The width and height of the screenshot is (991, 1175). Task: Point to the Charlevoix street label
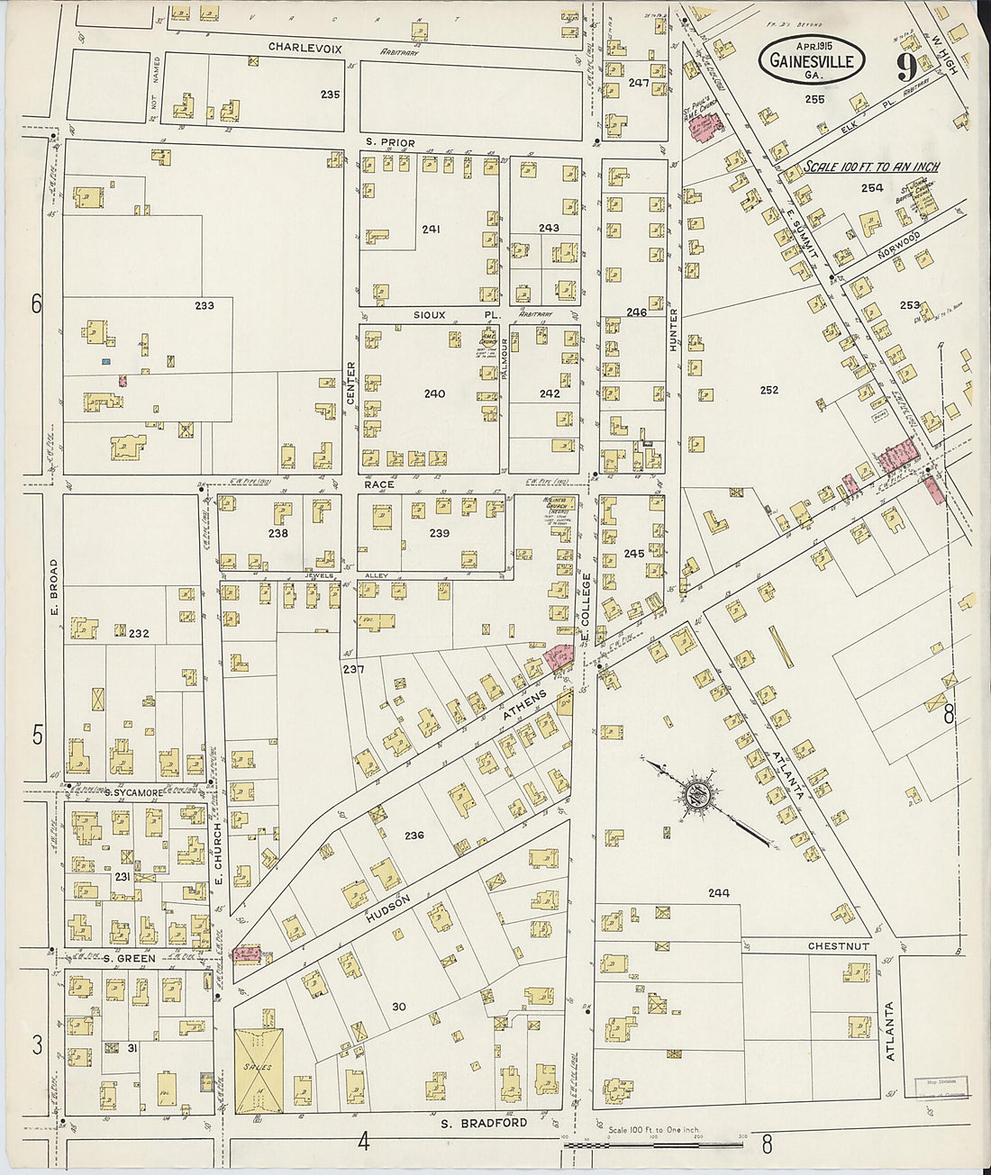tap(305, 49)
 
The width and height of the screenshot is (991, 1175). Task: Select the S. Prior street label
tap(390, 142)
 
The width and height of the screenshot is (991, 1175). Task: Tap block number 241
tap(431, 230)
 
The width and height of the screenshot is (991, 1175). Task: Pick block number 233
tap(205, 305)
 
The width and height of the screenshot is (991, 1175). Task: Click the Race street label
tap(380, 484)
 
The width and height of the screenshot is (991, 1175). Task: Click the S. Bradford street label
tap(484, 1123)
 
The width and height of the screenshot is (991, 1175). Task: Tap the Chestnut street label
tap(838, 946)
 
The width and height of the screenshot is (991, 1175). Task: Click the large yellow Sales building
tap(259, 1071)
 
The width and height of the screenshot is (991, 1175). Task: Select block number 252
tap(768, 390)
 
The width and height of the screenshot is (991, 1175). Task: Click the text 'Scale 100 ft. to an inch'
tap(871, 167)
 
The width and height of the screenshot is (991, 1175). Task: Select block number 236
tap(414, 836)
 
